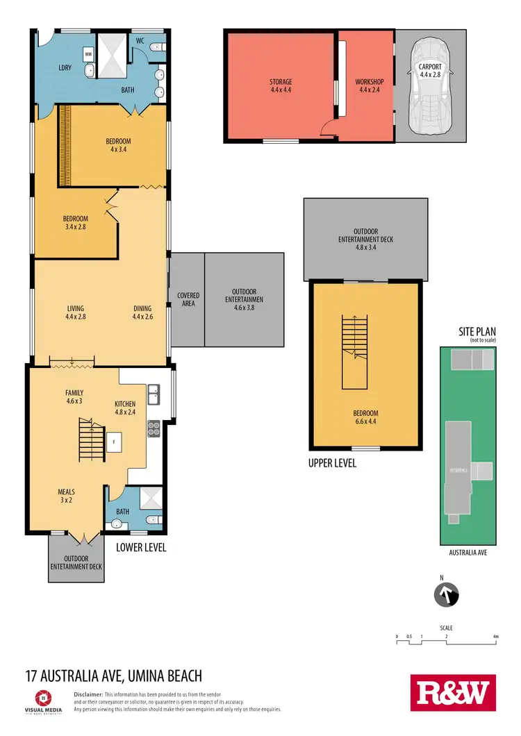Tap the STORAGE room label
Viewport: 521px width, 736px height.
[281, 82]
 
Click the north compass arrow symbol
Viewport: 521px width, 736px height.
[446, 595]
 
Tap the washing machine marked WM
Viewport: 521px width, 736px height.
[88, 53]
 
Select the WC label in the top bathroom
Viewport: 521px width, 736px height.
[140, 40]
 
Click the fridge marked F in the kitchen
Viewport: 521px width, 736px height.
[113, 441]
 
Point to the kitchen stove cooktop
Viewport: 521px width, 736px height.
[154, 429]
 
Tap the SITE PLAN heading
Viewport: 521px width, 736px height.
[475, 333]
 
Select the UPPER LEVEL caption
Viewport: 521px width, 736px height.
[332, 463]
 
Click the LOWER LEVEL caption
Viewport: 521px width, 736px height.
[141, 548]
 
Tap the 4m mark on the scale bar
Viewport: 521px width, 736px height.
[495, 636]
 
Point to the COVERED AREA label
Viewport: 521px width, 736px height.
[188, 299]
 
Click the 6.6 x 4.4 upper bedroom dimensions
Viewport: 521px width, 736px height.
[365, 420]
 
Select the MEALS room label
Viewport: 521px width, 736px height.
[67, 492]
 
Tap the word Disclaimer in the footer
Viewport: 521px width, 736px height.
[88, 694]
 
